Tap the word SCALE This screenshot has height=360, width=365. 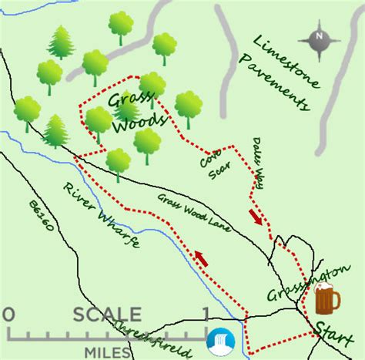[108, 315]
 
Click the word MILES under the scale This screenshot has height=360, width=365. [108, 352]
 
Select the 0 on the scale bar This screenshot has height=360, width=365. [8, 315]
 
